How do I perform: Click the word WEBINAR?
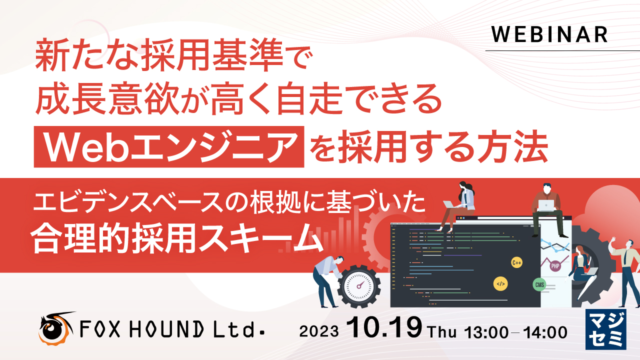click(x=549, y=34)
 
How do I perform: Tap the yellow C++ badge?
click(x=516, y=262)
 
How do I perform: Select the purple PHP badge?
click(x=555, y=266)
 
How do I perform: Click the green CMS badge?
click(x=539, y=285)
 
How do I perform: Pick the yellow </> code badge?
click(x=500, y=283)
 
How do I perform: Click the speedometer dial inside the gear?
click(x=359, y=286)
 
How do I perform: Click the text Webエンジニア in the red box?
click(x=169, y=147)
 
